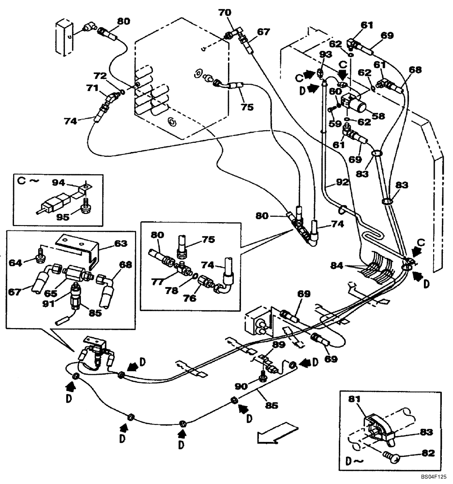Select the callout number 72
(100, 76)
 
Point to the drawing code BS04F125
(433, 477)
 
